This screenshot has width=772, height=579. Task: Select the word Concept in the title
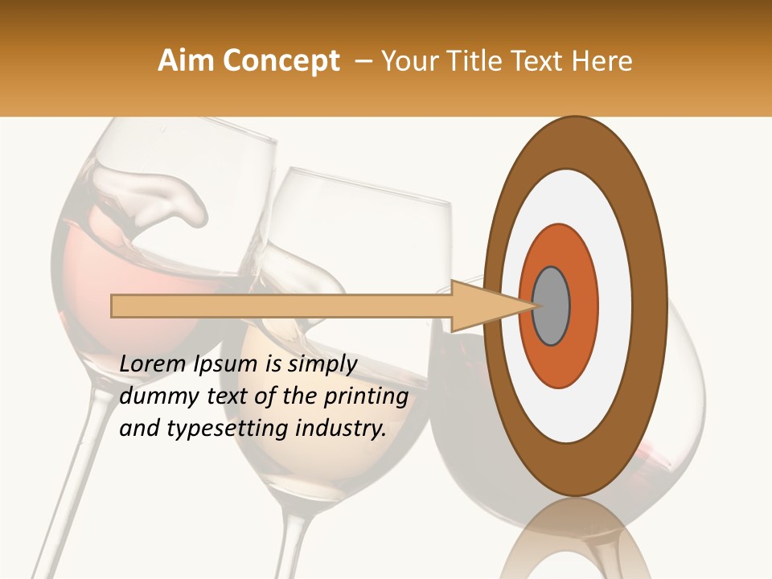pos(281,61)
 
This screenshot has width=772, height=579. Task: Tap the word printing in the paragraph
pos(366,397)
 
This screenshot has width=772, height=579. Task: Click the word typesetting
pos(229,429)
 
